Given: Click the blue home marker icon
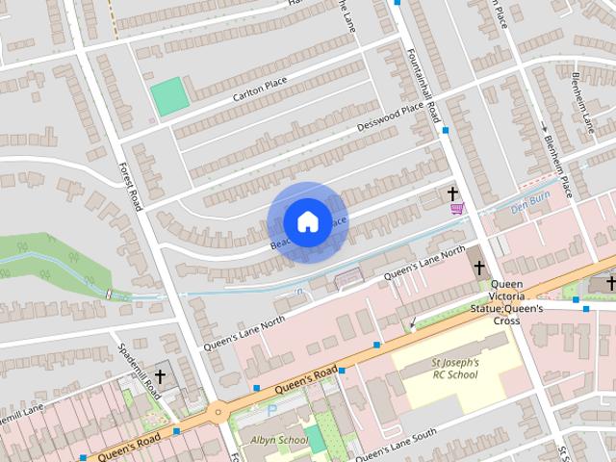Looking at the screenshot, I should coord(307,221).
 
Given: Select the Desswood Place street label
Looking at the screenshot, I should coord(390,116).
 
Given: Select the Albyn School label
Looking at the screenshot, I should coord(278,440).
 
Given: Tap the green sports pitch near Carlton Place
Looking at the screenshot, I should coord(169,97).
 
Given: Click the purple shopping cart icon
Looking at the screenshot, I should coord(456,208).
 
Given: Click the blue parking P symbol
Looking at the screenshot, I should coord(271,410).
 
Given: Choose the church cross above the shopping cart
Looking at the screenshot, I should coord(453,193).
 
